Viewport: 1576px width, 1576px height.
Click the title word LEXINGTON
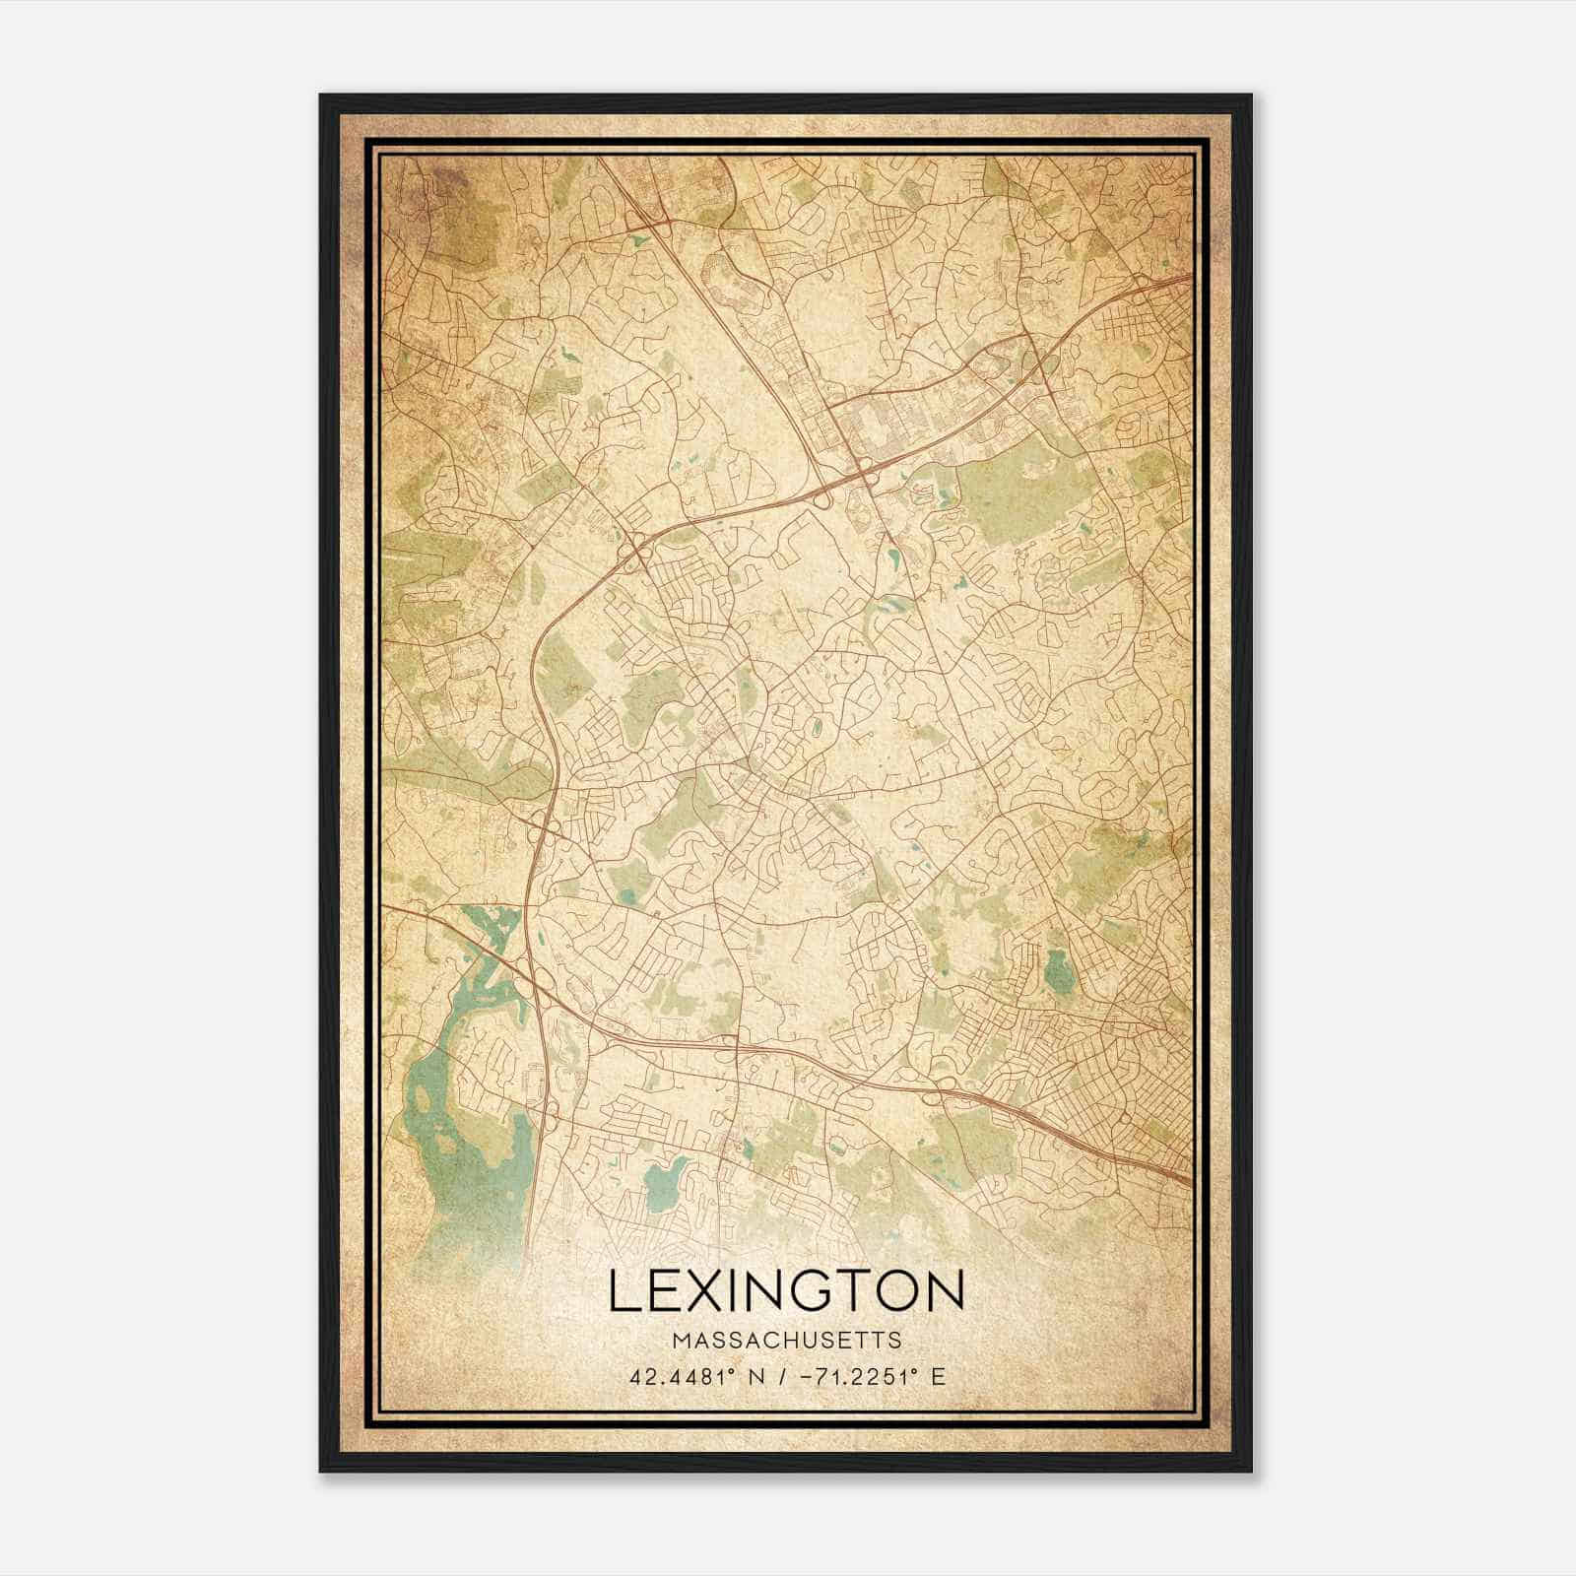(786, 1290)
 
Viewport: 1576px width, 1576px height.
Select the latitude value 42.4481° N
(698, 1376)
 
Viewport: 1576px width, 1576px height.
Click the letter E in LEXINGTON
(663, 1290)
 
